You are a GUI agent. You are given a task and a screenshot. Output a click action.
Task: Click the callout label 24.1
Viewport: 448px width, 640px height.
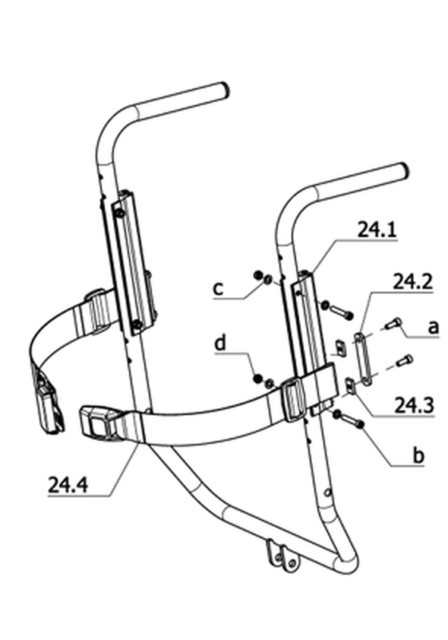click(377, 230)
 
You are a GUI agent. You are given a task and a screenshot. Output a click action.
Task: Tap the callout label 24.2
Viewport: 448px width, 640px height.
click(412, 282)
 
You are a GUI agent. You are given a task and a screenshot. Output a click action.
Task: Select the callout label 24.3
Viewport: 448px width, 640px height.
click(414, 405)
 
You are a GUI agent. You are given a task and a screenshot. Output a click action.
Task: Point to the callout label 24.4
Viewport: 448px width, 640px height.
click(68, 485)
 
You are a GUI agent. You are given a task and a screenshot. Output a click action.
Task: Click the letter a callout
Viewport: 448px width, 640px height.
click(434, 327)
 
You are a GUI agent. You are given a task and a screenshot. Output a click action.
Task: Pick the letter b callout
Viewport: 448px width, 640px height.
click(418, 455)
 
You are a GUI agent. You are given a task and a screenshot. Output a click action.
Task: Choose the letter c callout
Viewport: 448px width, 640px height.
click(219, 289)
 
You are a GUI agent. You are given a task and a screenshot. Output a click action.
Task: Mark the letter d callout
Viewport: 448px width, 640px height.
click(220, 343)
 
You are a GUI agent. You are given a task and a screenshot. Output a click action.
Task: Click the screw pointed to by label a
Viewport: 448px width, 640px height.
click(394, 324)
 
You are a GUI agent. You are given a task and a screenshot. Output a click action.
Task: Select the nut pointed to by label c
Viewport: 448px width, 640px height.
click(258, 275)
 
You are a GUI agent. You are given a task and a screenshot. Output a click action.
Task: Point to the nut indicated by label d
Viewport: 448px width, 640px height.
click(257, 379)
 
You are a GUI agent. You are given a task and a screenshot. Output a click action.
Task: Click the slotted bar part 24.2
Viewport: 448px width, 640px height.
click(364, 359)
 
